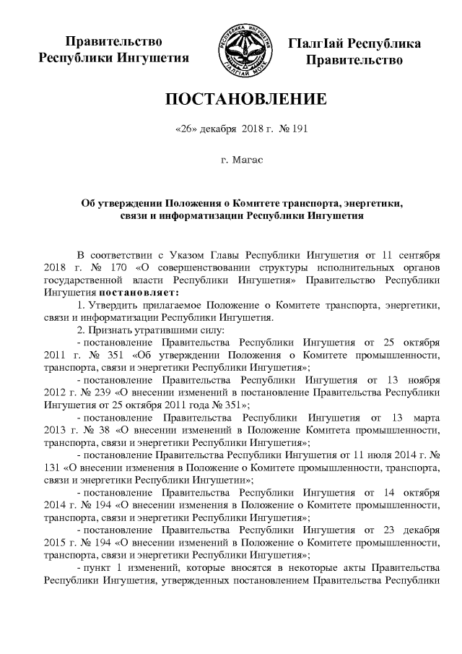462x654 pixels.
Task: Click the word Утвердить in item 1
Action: point(110,305)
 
